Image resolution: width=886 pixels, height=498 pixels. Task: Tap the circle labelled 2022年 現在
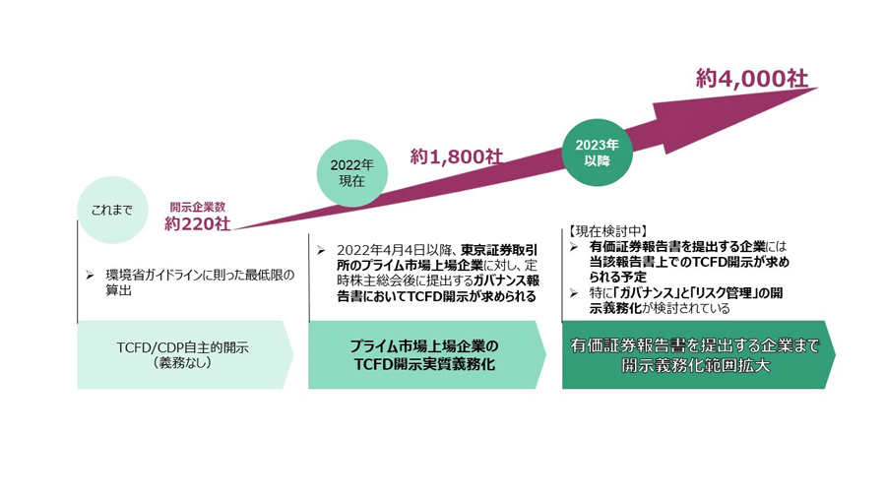(351, 173)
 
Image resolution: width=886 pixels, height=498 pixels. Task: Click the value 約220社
(198, 223)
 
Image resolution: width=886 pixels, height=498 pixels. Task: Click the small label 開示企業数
(198, 207)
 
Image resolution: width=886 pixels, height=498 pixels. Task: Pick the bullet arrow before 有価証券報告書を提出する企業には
(574, 245)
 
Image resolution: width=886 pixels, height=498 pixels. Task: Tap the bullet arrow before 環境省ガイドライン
(90, 274)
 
